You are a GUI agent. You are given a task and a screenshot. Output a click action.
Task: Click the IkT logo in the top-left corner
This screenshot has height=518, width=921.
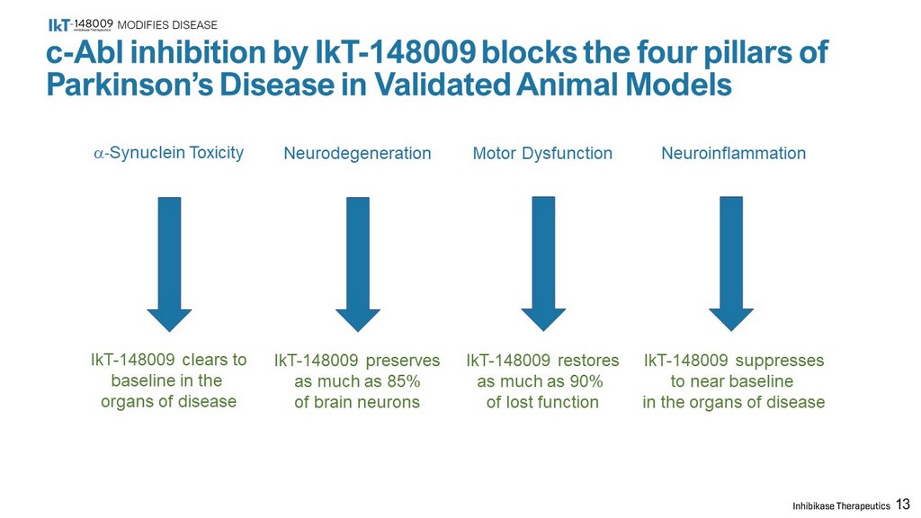(81, 24)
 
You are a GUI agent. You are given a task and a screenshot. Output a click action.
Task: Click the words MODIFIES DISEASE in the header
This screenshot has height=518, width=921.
(167, 25)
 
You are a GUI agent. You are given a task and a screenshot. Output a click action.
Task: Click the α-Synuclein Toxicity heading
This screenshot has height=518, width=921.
(168, 153)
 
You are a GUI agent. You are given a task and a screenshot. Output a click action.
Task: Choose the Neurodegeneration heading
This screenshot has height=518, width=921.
(357, 153)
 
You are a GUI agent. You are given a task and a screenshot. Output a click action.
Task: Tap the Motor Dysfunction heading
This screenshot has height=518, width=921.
(542, 153)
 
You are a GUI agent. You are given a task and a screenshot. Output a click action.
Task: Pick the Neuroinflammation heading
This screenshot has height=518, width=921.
(734, 153)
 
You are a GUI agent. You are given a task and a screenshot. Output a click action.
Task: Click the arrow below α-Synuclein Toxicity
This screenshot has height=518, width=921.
(169, 264)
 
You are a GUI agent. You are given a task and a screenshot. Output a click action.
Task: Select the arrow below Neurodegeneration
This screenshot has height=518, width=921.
(358, 264)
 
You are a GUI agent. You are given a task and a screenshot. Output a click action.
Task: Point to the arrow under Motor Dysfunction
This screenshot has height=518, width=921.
(543, 263)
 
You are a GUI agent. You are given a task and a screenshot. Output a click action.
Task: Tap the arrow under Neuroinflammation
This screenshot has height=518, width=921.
(731, 263)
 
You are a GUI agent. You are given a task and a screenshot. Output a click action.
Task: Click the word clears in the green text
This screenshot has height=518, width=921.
(206, 360)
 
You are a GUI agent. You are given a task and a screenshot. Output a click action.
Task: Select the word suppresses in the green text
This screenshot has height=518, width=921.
(780, 361)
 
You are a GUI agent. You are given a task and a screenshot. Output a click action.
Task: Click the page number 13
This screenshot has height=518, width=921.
(903, 505)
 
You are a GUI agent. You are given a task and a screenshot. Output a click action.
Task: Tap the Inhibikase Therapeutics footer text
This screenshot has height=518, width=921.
(841, 505)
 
